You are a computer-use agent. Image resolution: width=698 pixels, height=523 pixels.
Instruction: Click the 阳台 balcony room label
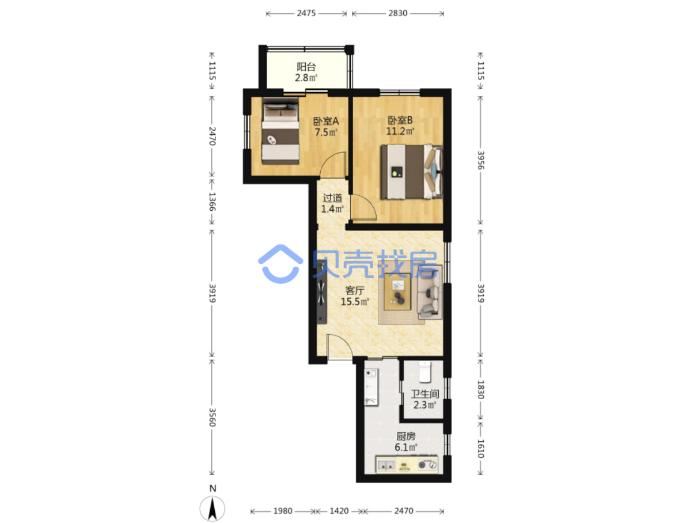click(x=306, y=67)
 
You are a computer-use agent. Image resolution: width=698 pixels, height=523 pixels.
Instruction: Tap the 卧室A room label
click(x=326, y=121)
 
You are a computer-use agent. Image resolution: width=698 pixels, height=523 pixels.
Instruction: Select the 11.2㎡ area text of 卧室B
click(x=400, y=131)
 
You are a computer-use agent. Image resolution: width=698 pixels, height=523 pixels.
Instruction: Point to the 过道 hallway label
click(x=333, y=198)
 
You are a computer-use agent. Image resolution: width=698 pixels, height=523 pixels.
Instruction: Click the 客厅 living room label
click(x=355, y=290)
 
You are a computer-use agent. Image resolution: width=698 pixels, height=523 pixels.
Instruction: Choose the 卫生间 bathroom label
click(x=425, y=394)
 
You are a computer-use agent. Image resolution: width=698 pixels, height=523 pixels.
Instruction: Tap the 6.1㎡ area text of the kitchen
click(x=406, y=447)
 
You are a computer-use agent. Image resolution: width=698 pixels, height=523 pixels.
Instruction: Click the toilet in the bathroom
click(x=424, y=372)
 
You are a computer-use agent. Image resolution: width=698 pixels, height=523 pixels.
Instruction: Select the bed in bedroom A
click(x=280, y=131)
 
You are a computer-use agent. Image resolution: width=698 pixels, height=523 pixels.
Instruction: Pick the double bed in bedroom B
click(x=412, y=172)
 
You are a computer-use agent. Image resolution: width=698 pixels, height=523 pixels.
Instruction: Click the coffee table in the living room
click(x=397, y=291)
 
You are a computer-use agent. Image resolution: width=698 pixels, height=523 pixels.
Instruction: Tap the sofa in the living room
click(x=430, y=292)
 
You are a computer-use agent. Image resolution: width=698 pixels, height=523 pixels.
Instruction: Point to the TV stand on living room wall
click(x=322, y=292)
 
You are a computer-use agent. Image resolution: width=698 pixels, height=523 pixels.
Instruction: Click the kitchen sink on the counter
click(x=386, y=465)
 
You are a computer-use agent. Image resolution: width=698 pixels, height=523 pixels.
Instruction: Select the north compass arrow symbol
click(x=213, y=509)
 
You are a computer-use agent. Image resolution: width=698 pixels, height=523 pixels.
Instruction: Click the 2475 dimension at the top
click(x=306, y=13)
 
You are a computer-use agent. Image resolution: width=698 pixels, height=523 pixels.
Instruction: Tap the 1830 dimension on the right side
click(x=480, y=389)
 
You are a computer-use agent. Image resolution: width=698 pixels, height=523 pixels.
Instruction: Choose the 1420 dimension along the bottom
click(x=339, y=511)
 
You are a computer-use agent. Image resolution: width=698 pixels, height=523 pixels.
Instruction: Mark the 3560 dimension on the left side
click(x=212, y=417)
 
